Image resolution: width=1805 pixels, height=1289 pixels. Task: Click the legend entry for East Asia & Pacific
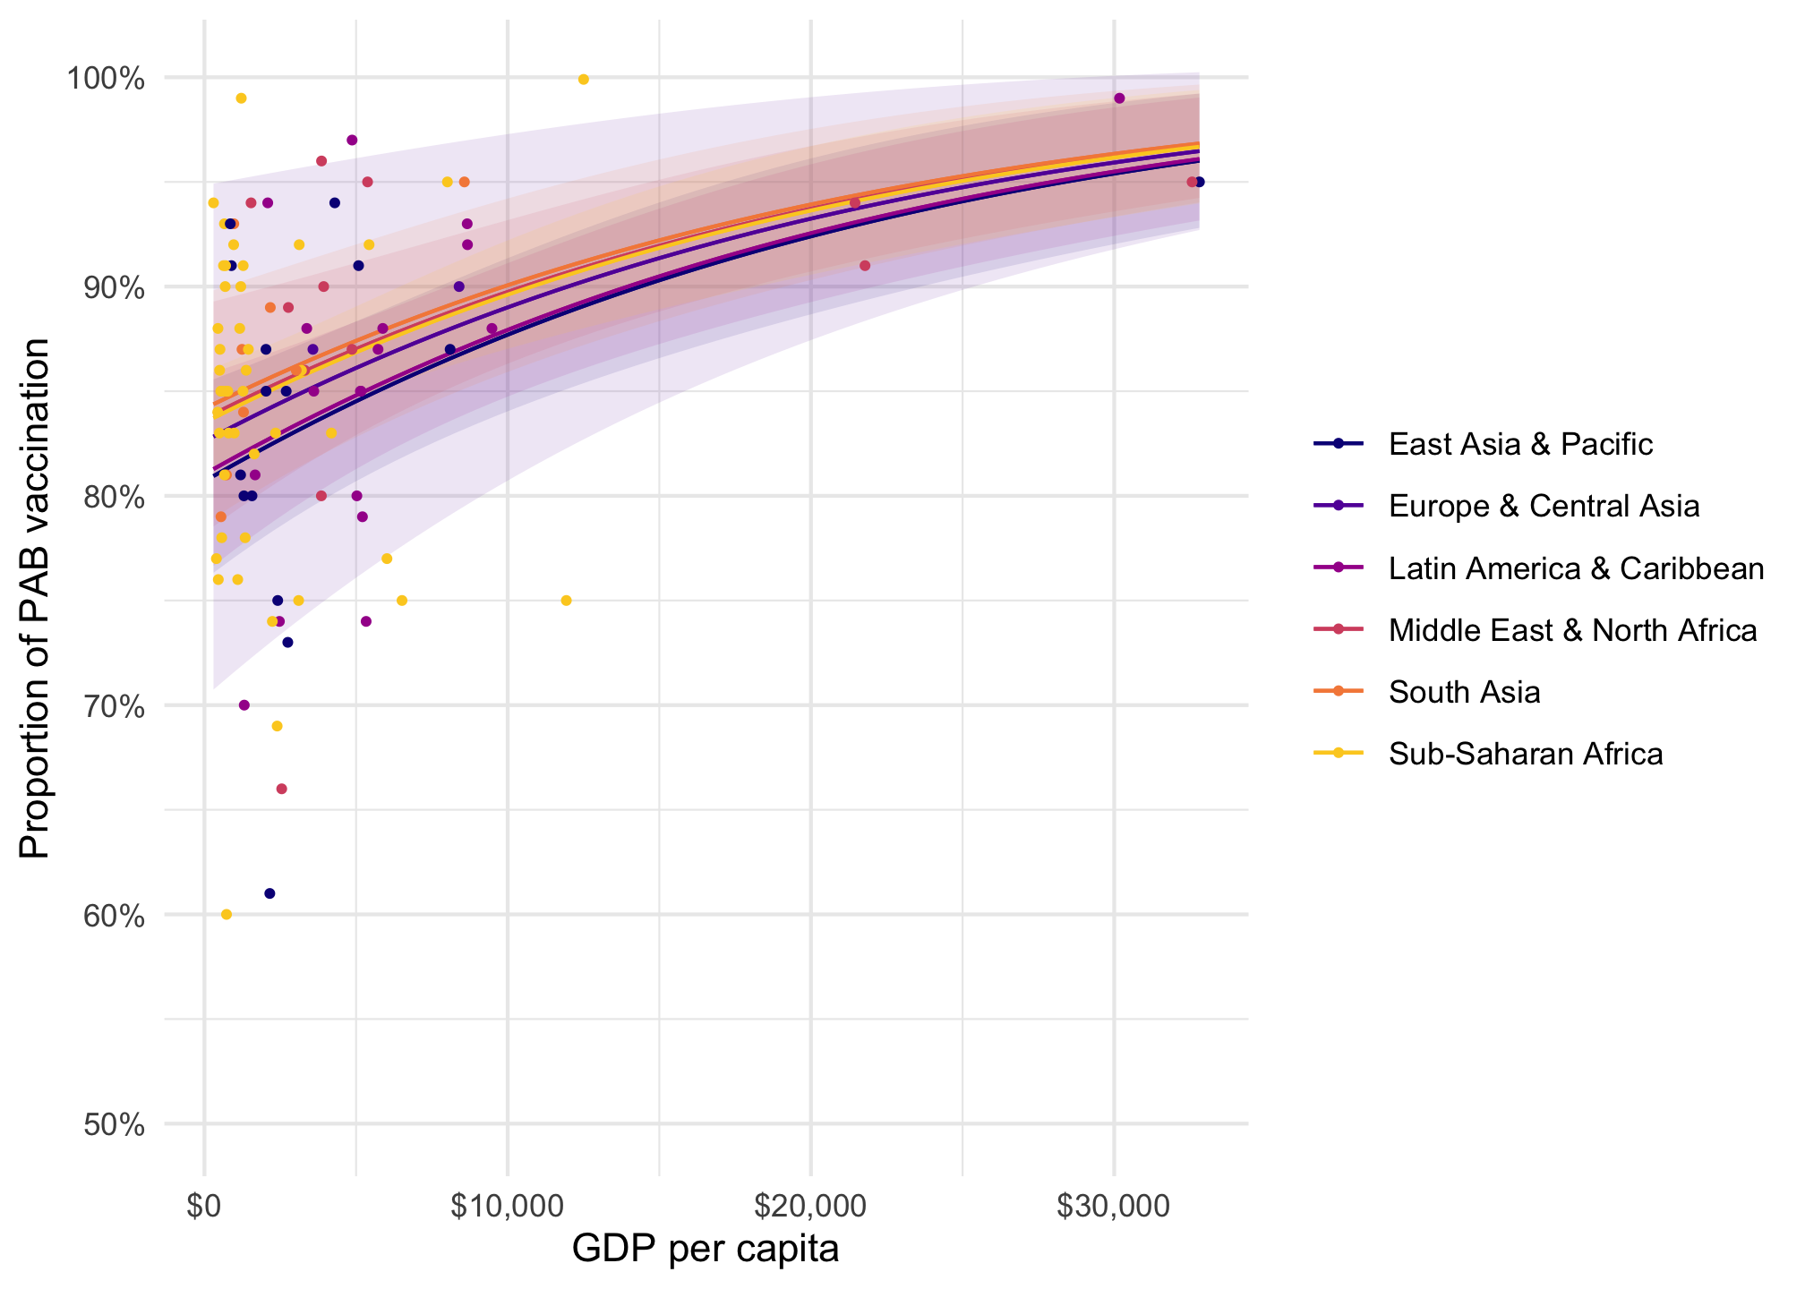click(1519, 444)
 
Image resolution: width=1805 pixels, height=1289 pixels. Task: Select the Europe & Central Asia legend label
click(1543, 506)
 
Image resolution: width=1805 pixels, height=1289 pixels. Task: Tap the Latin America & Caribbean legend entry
click(1575, 568)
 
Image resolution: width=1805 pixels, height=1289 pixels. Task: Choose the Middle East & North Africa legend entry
click(1571, 630)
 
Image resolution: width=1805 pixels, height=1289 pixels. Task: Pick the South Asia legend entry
click(1464, 692)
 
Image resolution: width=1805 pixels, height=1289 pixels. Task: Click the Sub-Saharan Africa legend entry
click(1525, 754)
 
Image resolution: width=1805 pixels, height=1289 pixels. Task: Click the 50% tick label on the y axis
click(114, 1124)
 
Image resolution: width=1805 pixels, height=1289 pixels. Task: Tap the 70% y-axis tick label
click(114, 706)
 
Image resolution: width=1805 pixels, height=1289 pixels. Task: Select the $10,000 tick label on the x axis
click(508, 1207)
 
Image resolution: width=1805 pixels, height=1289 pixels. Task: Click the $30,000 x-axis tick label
click(1113, 1207)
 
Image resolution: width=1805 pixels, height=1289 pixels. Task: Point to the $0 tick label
click(204, 1207)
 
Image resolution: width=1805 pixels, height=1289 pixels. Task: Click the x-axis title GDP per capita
click(706, 1250)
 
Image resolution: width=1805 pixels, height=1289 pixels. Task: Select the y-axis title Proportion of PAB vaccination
click(36, 599)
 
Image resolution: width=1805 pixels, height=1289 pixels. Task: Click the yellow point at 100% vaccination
click(584, 80)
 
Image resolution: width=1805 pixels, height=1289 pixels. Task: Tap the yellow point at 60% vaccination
click(227, 914)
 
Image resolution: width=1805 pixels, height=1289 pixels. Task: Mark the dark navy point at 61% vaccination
click(269, 893)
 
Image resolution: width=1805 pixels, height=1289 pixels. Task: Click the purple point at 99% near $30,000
click(1119, 98)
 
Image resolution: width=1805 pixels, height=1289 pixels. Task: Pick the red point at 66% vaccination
click(281, 789)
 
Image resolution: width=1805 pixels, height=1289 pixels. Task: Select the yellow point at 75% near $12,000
click(566, 601)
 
